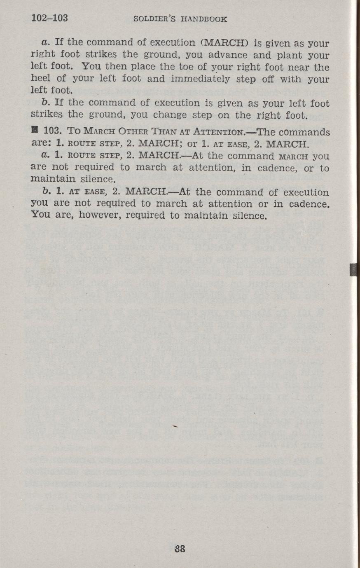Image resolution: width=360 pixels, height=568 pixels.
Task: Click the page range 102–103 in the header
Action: pos(49,19)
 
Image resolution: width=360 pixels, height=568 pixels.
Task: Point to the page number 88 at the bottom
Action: pos(180,548)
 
